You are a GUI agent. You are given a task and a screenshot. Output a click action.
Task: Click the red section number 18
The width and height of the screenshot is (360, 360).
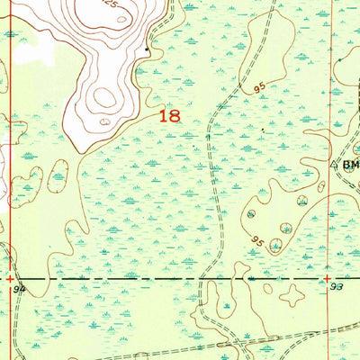[168, 116]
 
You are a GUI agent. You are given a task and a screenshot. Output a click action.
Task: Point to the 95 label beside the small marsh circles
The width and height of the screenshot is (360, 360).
[258, 241]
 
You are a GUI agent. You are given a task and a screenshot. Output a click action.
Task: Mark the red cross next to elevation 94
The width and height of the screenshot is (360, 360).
[11, 278]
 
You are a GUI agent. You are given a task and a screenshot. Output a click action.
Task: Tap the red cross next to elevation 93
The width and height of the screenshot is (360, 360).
[328, 278]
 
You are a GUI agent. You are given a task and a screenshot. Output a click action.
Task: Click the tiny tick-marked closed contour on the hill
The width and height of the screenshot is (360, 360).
[106, 121]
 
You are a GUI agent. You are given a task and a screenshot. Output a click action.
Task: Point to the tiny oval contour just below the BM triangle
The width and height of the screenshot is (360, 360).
[319, 187]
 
